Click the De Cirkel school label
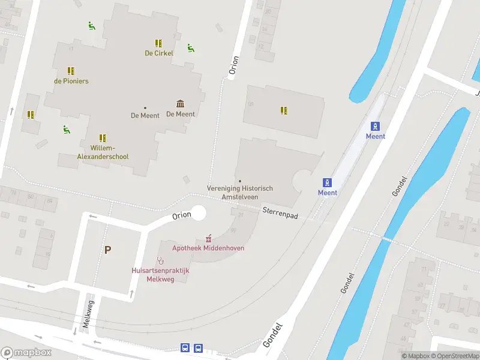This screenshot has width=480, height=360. [159, 53]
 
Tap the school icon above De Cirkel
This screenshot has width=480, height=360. [158, 43]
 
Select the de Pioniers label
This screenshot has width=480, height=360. [71, 80]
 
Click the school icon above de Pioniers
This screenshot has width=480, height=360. [71, 71]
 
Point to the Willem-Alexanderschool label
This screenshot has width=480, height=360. [103, 152]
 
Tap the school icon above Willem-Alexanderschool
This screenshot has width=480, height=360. [103, 138]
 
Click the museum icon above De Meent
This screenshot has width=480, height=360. [180, 104]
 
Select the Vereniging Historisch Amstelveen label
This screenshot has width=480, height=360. [240, 192]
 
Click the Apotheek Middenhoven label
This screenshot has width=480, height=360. [208, 248]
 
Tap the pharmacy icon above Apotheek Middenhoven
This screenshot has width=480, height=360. [208, 238]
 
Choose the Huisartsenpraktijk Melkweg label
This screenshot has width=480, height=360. [160, 274]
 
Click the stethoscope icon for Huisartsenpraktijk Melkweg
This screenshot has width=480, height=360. [160, 260]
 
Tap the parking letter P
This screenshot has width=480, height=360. [107, 250]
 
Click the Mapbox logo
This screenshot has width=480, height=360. [26, 353]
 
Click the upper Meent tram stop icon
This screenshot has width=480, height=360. [376, 126]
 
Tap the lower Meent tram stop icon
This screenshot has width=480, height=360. [328, 182]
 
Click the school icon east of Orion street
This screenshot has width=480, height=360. [284, 110]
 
